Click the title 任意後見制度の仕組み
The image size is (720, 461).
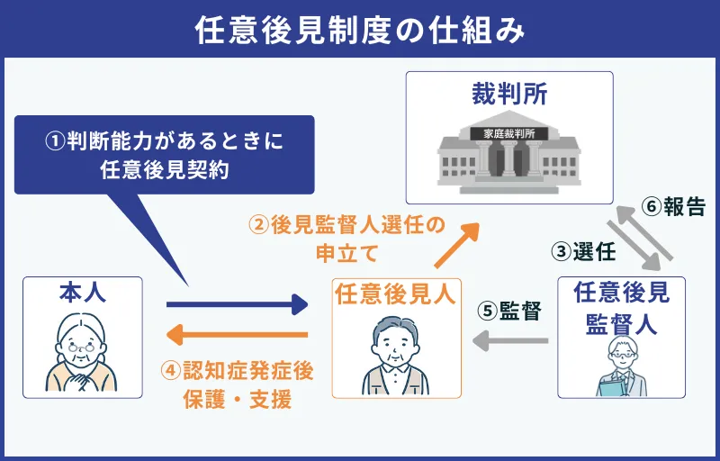coord(360,31)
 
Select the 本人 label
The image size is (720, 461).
coord(83,294)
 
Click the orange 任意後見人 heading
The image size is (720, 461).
coord(395,294)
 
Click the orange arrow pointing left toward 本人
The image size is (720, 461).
coord(238,336)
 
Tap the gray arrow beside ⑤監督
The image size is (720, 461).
coord(511,339)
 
